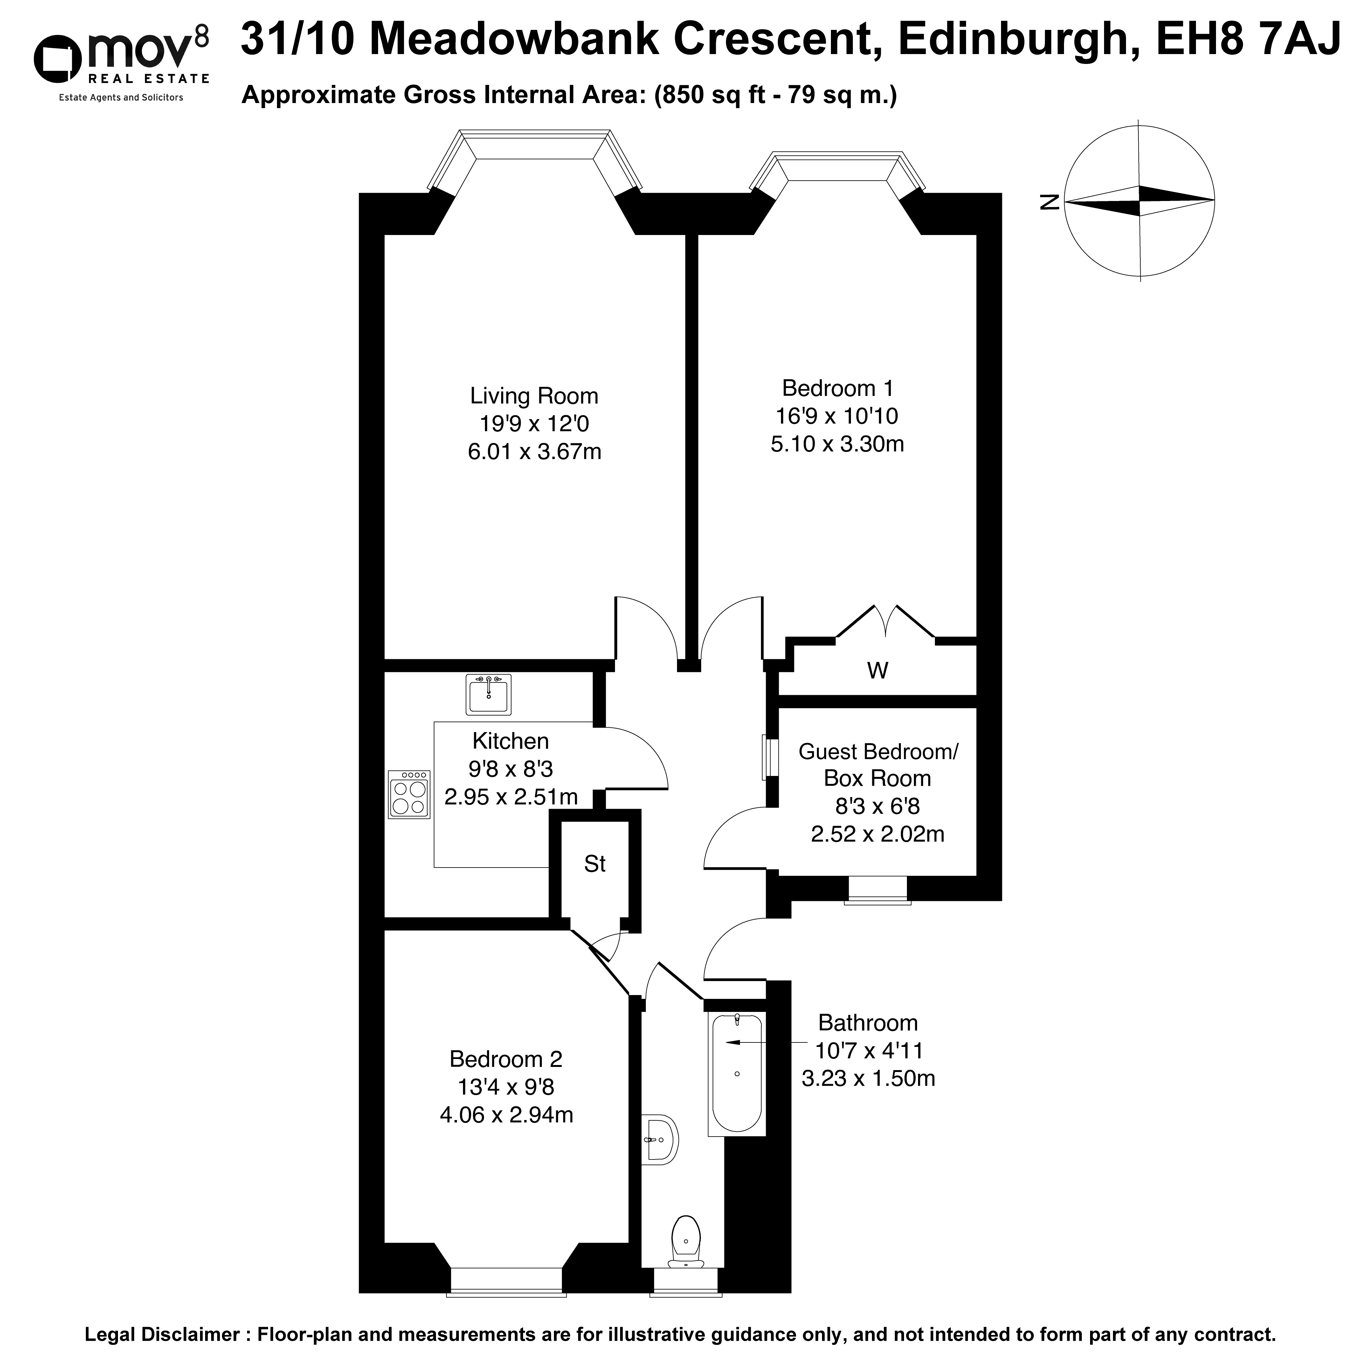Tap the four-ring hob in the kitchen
pos(409,794)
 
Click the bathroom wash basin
pos(660,1140)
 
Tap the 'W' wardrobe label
pos(877,671)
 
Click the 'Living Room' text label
pos(534,396)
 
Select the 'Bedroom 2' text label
pos(506,1059)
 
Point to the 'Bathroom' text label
pos(868,1023)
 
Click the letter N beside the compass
pos(1049,202)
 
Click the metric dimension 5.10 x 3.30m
pos(837,444)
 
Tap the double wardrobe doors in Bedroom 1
pos(886,621)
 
